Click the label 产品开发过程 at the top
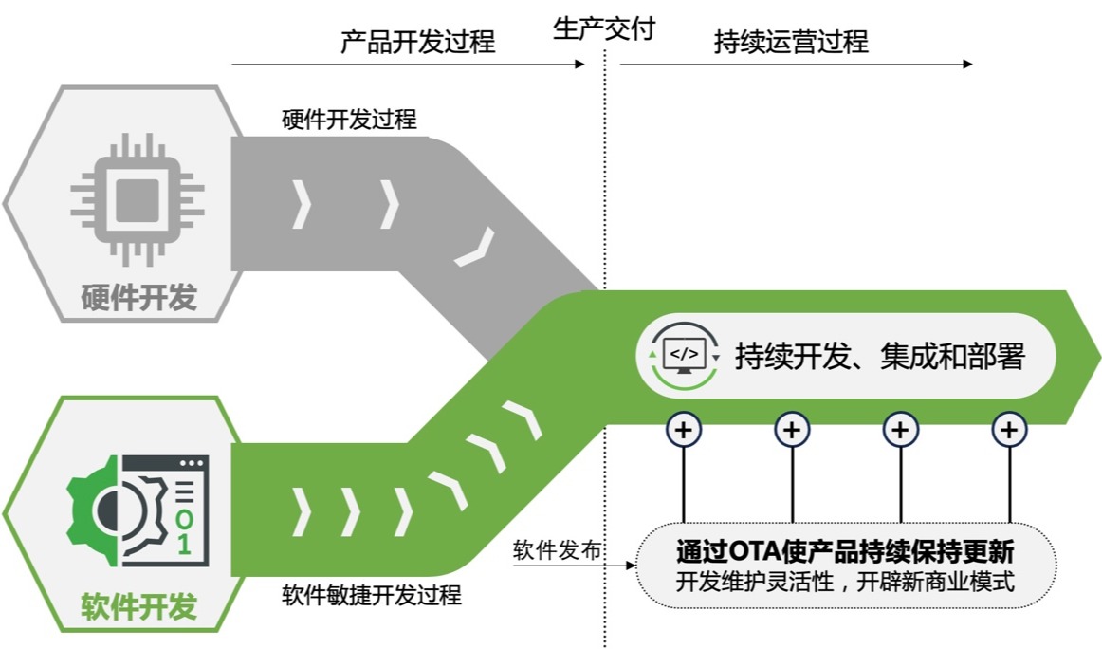(x=417, y=42)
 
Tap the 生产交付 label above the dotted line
(x=604, y=29)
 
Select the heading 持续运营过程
(x=790, y=42)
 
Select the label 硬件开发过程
(x=349, y=120)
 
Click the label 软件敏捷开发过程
(x=372, y=596)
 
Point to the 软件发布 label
(x=557, y=550)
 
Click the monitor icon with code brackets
(x=684, y=355)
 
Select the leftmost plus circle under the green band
(x=684, y=430)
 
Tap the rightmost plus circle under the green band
(x=1009, y=430)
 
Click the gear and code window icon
(x=138, y=510)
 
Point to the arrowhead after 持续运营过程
(x=967, y=65)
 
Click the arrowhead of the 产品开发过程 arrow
(x=580, y=65)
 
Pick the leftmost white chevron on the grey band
(x=301, y=204)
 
